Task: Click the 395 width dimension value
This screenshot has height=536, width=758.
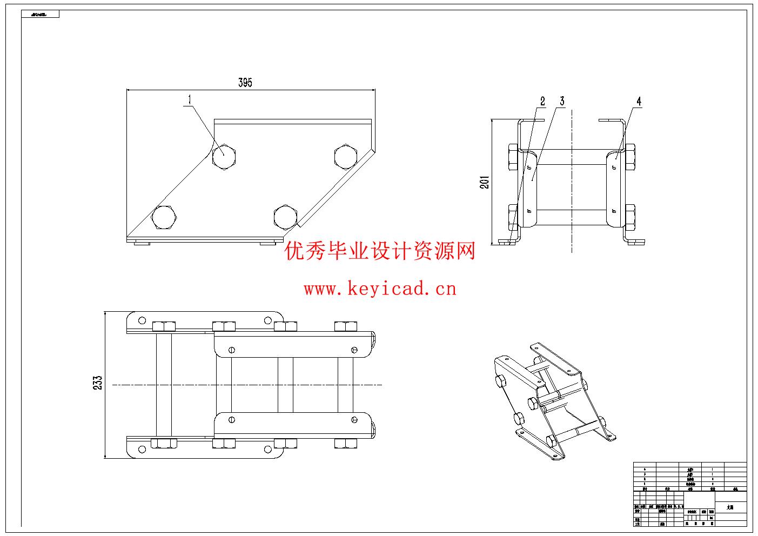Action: (245, 83)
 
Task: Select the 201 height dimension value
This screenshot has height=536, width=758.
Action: (485, 182)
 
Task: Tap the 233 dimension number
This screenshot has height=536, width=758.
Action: (98, 384)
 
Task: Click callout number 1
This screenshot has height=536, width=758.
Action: (190, 99)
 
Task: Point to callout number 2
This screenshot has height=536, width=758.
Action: (542, 101)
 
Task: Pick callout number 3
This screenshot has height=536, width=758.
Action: (562, 101)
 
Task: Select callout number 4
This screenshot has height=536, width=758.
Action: (639, 101)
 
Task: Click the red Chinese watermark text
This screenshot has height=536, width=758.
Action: (380, 251)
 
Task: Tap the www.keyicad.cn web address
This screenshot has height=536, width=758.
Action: (380, 289)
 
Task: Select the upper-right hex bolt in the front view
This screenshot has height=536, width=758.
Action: (346, 157)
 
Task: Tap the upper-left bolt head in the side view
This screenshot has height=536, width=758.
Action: (514, 157)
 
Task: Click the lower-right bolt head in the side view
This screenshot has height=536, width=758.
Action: (629, 217)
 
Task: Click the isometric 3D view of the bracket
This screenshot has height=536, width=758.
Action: (554, 400)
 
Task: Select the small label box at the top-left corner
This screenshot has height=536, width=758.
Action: (40, 14)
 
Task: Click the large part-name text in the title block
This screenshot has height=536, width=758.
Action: (730, 507)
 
